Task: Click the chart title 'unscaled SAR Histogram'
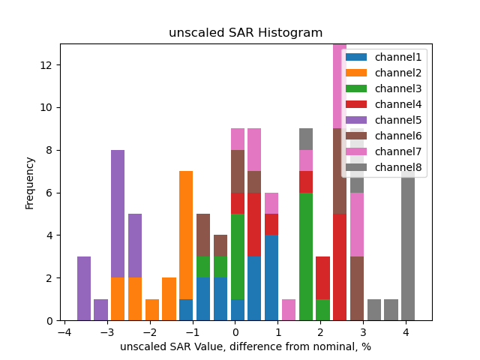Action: [245, 33]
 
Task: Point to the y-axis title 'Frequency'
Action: [30, 182]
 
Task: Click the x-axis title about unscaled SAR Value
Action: [245, 346]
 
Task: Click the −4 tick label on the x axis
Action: [65, 332]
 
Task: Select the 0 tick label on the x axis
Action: [235, 332]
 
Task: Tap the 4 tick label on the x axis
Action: [406, 332]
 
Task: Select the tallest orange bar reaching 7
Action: [186, 235]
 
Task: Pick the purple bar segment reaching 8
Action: [118, 214]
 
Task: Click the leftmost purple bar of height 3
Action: [84, 289]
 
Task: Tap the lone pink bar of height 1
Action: [289, 310]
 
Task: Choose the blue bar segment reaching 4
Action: [271, 278]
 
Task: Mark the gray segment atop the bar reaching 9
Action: [306, 139]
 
